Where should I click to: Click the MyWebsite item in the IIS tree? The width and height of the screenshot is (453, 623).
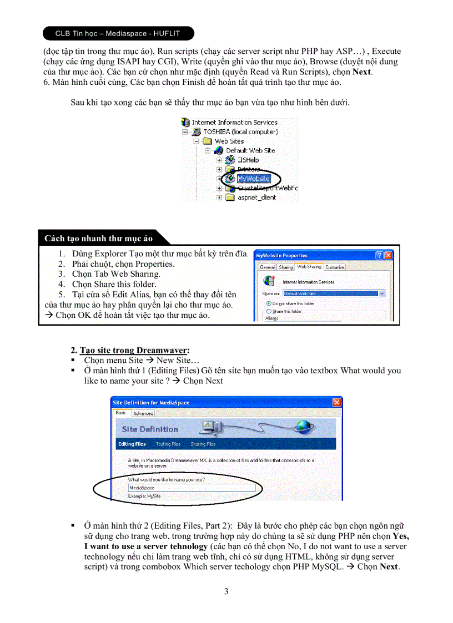[253, 179]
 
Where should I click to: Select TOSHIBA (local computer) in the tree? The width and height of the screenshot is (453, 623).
[240, 132]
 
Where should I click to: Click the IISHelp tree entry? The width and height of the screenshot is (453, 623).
[248, 160]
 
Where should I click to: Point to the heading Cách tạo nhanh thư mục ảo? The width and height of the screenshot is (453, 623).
[98, 239]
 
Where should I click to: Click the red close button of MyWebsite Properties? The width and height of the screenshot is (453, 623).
[388, 255]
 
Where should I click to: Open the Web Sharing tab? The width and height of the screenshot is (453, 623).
[309, 267]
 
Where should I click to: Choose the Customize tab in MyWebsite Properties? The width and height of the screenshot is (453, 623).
[335, 267]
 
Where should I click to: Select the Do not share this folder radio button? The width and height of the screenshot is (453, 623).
[269, 303]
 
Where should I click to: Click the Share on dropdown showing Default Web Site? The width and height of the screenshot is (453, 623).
[334, 293]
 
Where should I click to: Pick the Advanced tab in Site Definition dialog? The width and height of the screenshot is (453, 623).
[143, 413]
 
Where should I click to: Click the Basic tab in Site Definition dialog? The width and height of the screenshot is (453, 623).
[121, 413]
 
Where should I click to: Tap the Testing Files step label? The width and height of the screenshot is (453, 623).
[168, 444]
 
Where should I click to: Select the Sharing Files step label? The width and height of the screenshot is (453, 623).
[203, 444]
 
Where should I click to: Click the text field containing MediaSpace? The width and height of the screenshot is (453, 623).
[192, 488]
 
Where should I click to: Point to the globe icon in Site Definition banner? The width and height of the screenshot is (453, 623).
[303, 426]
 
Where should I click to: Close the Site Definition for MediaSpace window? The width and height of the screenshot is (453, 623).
[336, 402]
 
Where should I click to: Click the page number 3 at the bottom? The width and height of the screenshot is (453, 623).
[226, 591]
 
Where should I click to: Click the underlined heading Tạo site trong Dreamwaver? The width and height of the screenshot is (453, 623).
[134, 350]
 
